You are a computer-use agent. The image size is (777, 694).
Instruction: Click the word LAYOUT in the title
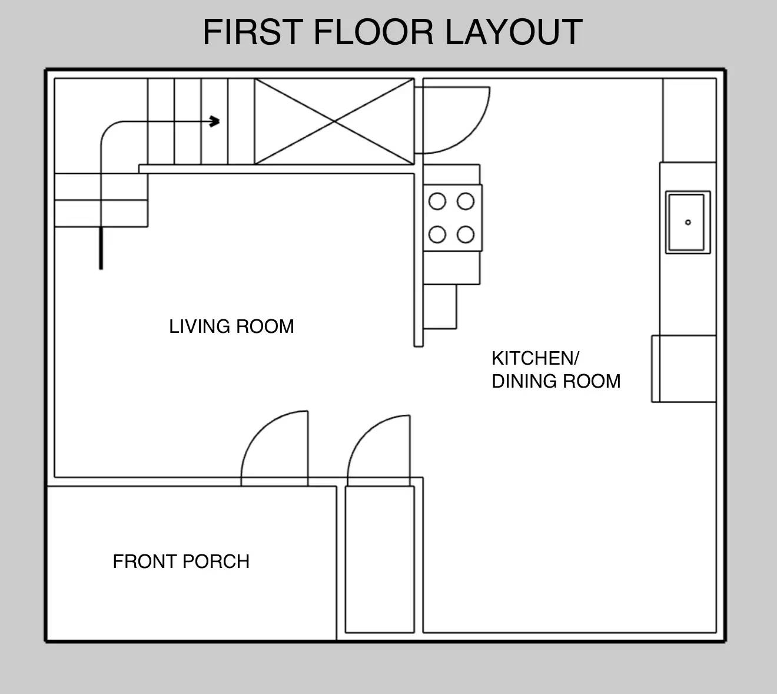coord(513,32)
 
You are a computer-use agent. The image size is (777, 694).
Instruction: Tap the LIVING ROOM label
coord(231,326)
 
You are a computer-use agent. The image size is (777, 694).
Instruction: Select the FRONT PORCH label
coord(181,561)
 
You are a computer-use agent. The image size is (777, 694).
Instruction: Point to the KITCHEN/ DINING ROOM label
coord(556,369)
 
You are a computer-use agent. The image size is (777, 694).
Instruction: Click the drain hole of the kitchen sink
coord(688,222)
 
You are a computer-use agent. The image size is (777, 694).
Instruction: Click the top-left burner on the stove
coord(437,201)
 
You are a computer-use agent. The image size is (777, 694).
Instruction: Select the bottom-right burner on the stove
coord(466,234)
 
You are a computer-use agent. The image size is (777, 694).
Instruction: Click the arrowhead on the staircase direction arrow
coord(215,122)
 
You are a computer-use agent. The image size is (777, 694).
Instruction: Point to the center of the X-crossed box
coord(334,121)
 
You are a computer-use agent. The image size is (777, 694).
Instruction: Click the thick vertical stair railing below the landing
coord(101,248)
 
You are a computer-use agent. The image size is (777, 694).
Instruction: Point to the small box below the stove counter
coord(440,306)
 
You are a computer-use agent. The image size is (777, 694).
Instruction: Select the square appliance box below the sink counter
coord(683,369)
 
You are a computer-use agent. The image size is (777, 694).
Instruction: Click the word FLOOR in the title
coord(376,32)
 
